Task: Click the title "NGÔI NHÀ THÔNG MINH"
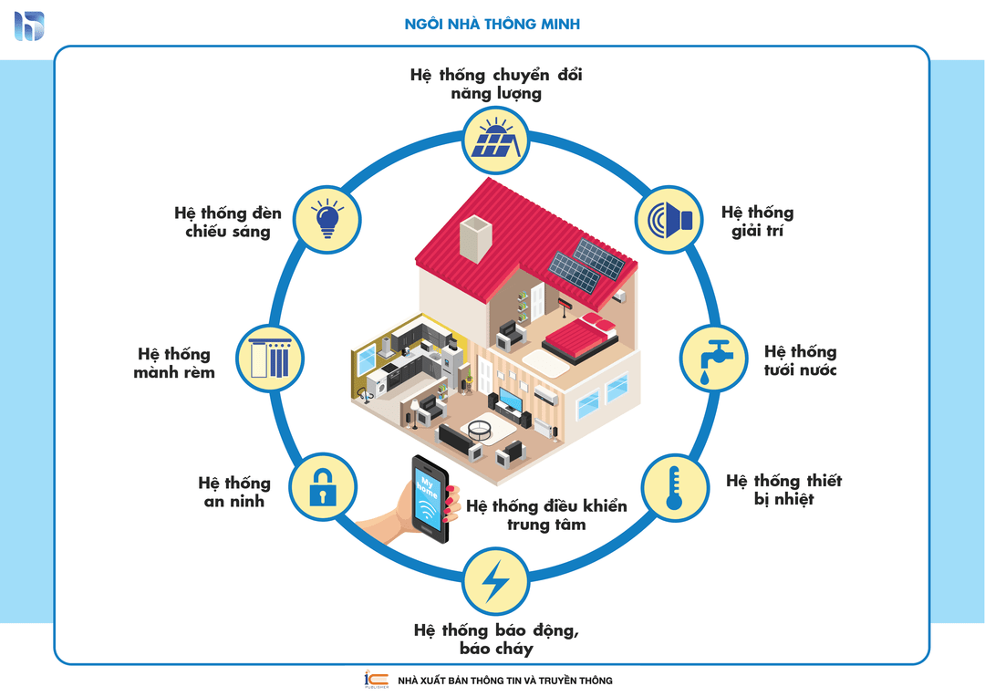click(492, 25)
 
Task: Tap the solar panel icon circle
click(496, 140)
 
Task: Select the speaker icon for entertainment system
click(669, 219)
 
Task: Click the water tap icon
click(715, 359)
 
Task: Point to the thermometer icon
click(676, 488)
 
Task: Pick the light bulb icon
click(327, 218)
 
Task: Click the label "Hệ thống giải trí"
click(757, 222)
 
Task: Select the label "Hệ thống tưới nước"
click(800, 360)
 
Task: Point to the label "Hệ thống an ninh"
click(234, 491)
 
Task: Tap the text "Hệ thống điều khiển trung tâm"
click(546, 515)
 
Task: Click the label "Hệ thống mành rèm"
click(174, 362)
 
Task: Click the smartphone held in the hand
click(429, 497)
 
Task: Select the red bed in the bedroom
click(576, 335)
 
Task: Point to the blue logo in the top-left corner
click(29, 26)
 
